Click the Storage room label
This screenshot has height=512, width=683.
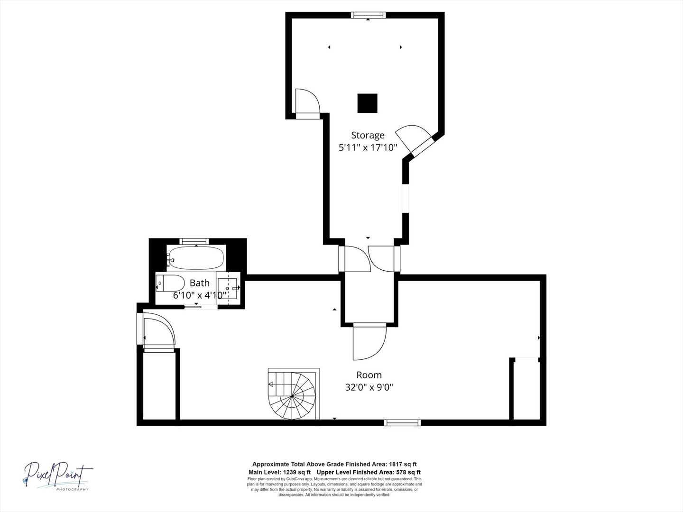(x=368, y=135)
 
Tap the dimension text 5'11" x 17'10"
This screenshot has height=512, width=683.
(x=368, y=147)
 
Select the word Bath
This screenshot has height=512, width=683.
(x=199, y=283)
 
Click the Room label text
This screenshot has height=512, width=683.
(x=369, y=375)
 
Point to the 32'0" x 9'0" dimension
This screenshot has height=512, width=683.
(x=369, y=387)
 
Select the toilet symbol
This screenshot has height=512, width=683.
(x=170, y=283)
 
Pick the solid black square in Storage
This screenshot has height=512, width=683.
(x=367, y=103)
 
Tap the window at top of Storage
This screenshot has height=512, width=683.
(x=369, y=16)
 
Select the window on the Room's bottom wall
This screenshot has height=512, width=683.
(x=402, y=422)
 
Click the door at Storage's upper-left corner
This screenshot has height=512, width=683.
(x=306, y=103)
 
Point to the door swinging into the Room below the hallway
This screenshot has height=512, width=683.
(x=369, y=342)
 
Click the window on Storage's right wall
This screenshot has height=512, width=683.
(x=406, y=198)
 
